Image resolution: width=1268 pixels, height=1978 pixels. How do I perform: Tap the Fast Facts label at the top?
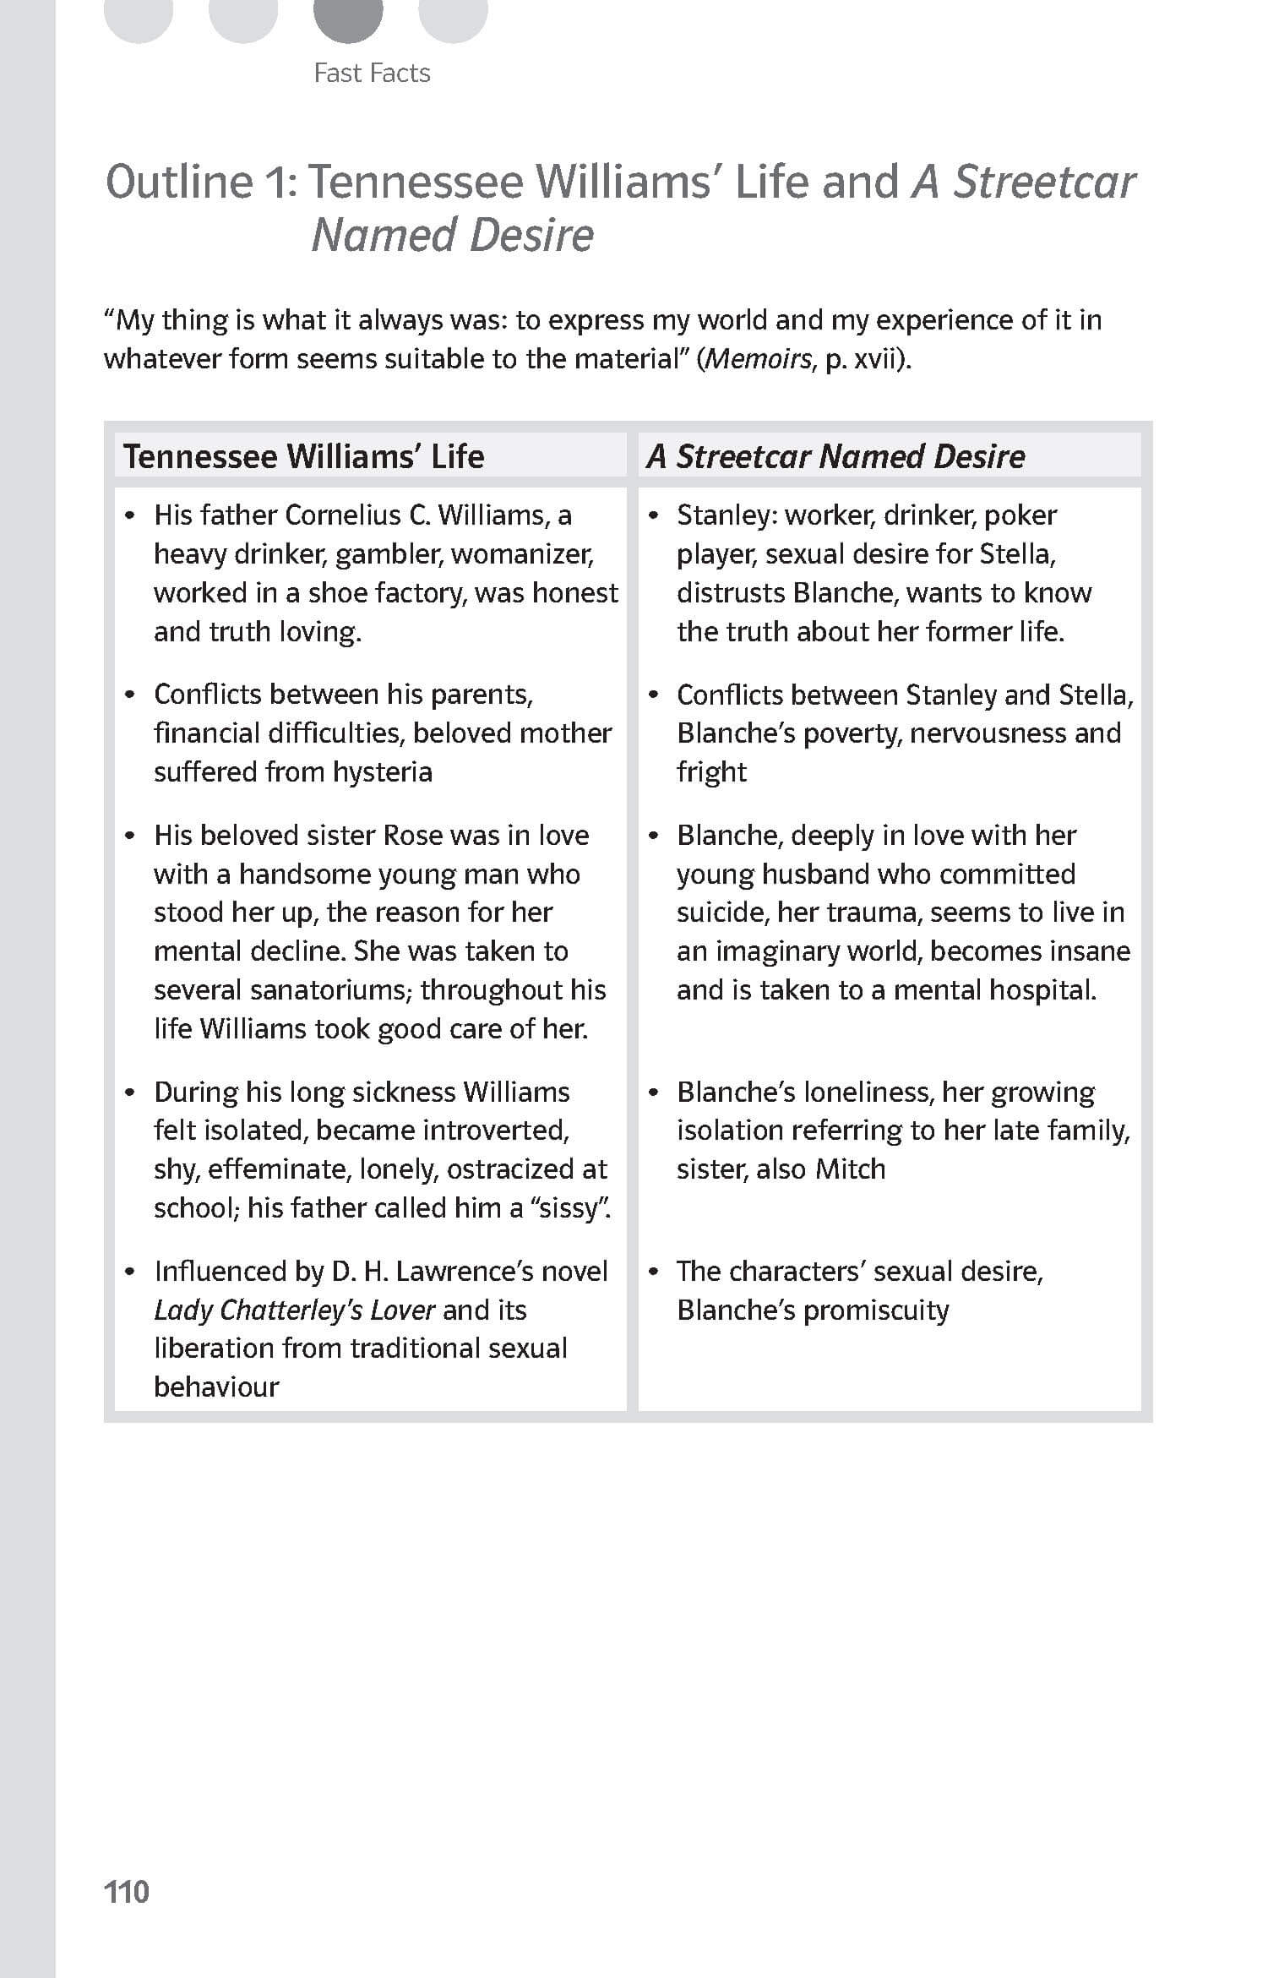click(x=372, y=74)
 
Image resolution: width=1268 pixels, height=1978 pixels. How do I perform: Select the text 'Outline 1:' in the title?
click(x=202, y=182)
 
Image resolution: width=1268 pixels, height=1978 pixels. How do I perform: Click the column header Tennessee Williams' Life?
click(x=303, y=456)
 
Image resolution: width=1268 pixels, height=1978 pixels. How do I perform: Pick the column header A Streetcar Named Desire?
click(x=835, y=456)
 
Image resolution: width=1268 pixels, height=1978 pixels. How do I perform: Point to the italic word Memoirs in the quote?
click(x=759, y=359)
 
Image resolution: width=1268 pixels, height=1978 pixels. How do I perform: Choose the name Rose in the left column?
click(x=413, y=835)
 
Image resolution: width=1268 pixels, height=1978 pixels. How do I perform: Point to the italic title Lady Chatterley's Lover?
click(x=294, y=1310)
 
